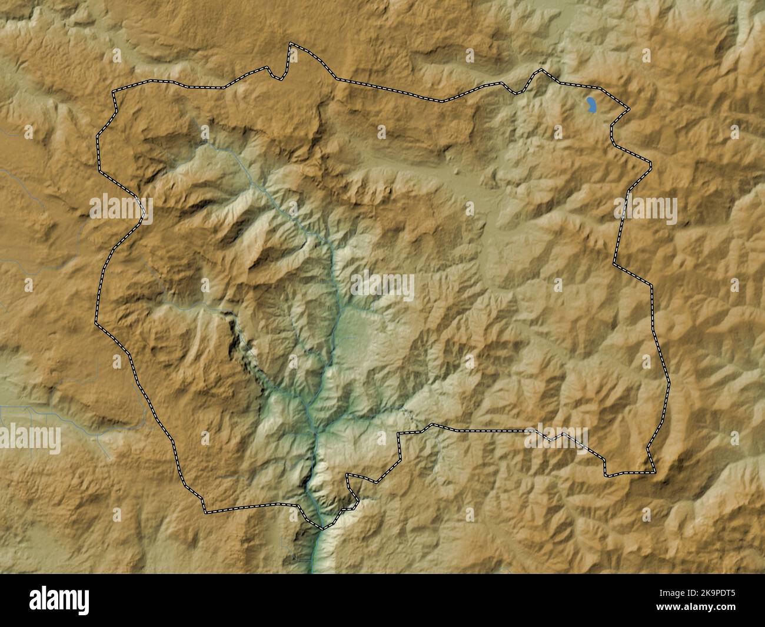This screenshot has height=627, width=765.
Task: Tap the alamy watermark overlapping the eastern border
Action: point(646,210)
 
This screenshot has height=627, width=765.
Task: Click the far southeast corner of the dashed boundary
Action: point(654,471)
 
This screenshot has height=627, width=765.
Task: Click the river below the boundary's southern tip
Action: point(314,553)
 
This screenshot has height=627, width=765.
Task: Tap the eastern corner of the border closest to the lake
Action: point(628,110)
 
